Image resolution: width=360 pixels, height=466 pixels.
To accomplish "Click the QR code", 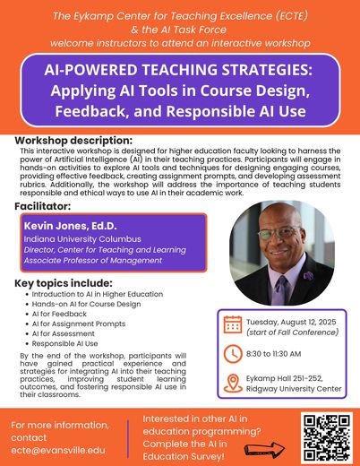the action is [x=327, y=438].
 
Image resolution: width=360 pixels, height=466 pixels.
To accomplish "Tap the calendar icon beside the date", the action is [x=233, y=324].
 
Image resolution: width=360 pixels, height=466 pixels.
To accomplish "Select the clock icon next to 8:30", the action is [x=233, y=354].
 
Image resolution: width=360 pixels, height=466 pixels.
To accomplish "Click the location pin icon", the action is [x=233, y=384].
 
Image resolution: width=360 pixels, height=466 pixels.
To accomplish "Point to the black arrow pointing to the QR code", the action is [x=264, y=449].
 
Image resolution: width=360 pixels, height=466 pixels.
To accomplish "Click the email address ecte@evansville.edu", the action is [x=58, y=450].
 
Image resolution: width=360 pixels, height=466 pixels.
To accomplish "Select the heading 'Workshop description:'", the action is [x=73, y=141].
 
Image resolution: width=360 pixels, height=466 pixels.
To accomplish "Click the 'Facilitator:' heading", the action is [x=43, y=206].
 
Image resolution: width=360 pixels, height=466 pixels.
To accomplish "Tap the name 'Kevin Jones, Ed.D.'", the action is [x=70, y=226].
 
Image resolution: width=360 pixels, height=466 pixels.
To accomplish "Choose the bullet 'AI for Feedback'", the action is [x=59, y=314].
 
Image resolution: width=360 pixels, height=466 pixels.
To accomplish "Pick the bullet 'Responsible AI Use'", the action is [x=64, y=343].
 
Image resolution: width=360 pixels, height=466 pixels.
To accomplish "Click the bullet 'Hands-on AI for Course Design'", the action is [x=86, y=304].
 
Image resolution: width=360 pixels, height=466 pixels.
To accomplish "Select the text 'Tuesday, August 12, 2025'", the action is [x=291, y=322].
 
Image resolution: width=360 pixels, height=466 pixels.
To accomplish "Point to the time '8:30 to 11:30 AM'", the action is [x=273, y=354].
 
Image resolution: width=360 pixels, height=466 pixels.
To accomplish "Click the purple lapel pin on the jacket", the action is [x=309, y=275].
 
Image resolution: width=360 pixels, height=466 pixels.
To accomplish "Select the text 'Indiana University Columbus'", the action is [x=82, y=239].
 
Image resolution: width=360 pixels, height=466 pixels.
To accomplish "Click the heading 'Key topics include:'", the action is [x=64, y=283].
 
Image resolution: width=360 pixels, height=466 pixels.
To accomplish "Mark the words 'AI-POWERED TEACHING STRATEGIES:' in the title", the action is [x=178, y=71].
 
